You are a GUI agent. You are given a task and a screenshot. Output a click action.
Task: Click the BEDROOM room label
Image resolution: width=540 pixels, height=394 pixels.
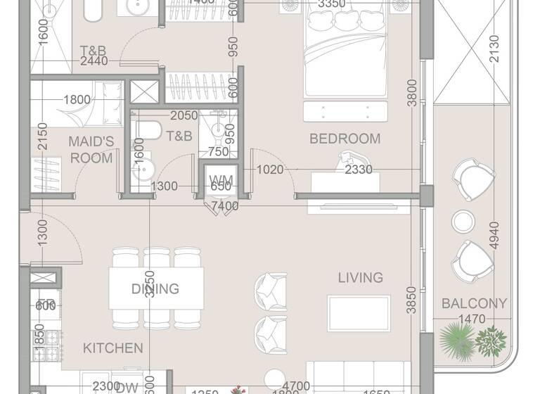coord(345,139)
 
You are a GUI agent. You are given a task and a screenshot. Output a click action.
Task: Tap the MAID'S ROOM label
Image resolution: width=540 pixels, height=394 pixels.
coord(91,150)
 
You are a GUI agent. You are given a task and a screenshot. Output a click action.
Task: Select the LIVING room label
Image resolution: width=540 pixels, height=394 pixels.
coord(360,278)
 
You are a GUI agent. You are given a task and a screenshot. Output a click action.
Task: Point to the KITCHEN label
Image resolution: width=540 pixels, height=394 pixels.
coord(113,348)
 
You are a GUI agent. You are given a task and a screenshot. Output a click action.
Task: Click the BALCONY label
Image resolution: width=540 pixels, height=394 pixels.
coord(474,304)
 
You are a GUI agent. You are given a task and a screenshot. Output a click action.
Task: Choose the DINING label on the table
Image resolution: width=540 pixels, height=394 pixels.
coord(155,288)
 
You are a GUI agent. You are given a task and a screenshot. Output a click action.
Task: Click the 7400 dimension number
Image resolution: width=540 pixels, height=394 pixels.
coord(225,206)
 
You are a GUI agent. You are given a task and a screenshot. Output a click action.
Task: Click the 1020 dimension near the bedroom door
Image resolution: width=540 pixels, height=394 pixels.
coord(269,170)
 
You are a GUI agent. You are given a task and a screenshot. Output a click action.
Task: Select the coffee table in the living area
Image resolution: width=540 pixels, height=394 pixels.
coord(358,313)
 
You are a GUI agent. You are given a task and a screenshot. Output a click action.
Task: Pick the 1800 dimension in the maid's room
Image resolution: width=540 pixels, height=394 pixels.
coord(77,100)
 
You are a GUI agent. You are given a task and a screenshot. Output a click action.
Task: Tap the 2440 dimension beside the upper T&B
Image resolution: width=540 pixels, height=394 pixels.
coord(94,61)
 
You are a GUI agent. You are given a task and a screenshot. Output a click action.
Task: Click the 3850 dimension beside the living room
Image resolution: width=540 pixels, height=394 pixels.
coord(412,298)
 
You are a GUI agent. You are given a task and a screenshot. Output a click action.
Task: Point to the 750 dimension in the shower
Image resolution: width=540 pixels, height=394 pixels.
coord(218,151)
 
